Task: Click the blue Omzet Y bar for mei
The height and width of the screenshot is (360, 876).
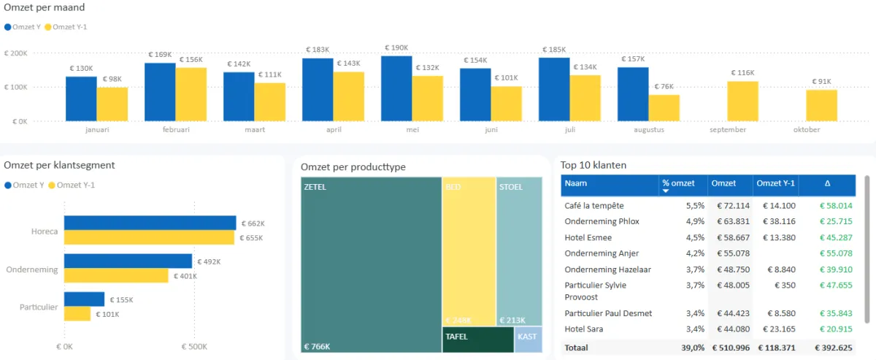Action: click(396, 88)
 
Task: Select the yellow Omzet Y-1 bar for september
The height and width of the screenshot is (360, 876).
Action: click(742, 102)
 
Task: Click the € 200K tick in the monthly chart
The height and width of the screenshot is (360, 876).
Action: click(16, 53)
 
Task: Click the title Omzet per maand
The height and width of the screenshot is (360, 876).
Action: click(44, 8)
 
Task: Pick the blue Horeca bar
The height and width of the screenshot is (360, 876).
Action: click(150, 223)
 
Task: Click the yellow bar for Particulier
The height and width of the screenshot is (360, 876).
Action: click(77, 314)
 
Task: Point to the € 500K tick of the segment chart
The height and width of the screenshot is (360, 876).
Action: click(193, 347)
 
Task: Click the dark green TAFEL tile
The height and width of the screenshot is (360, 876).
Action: click(477, 340)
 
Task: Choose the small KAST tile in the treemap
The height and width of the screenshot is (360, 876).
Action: click(528, 340)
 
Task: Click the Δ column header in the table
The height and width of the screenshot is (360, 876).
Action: click(827, 184)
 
